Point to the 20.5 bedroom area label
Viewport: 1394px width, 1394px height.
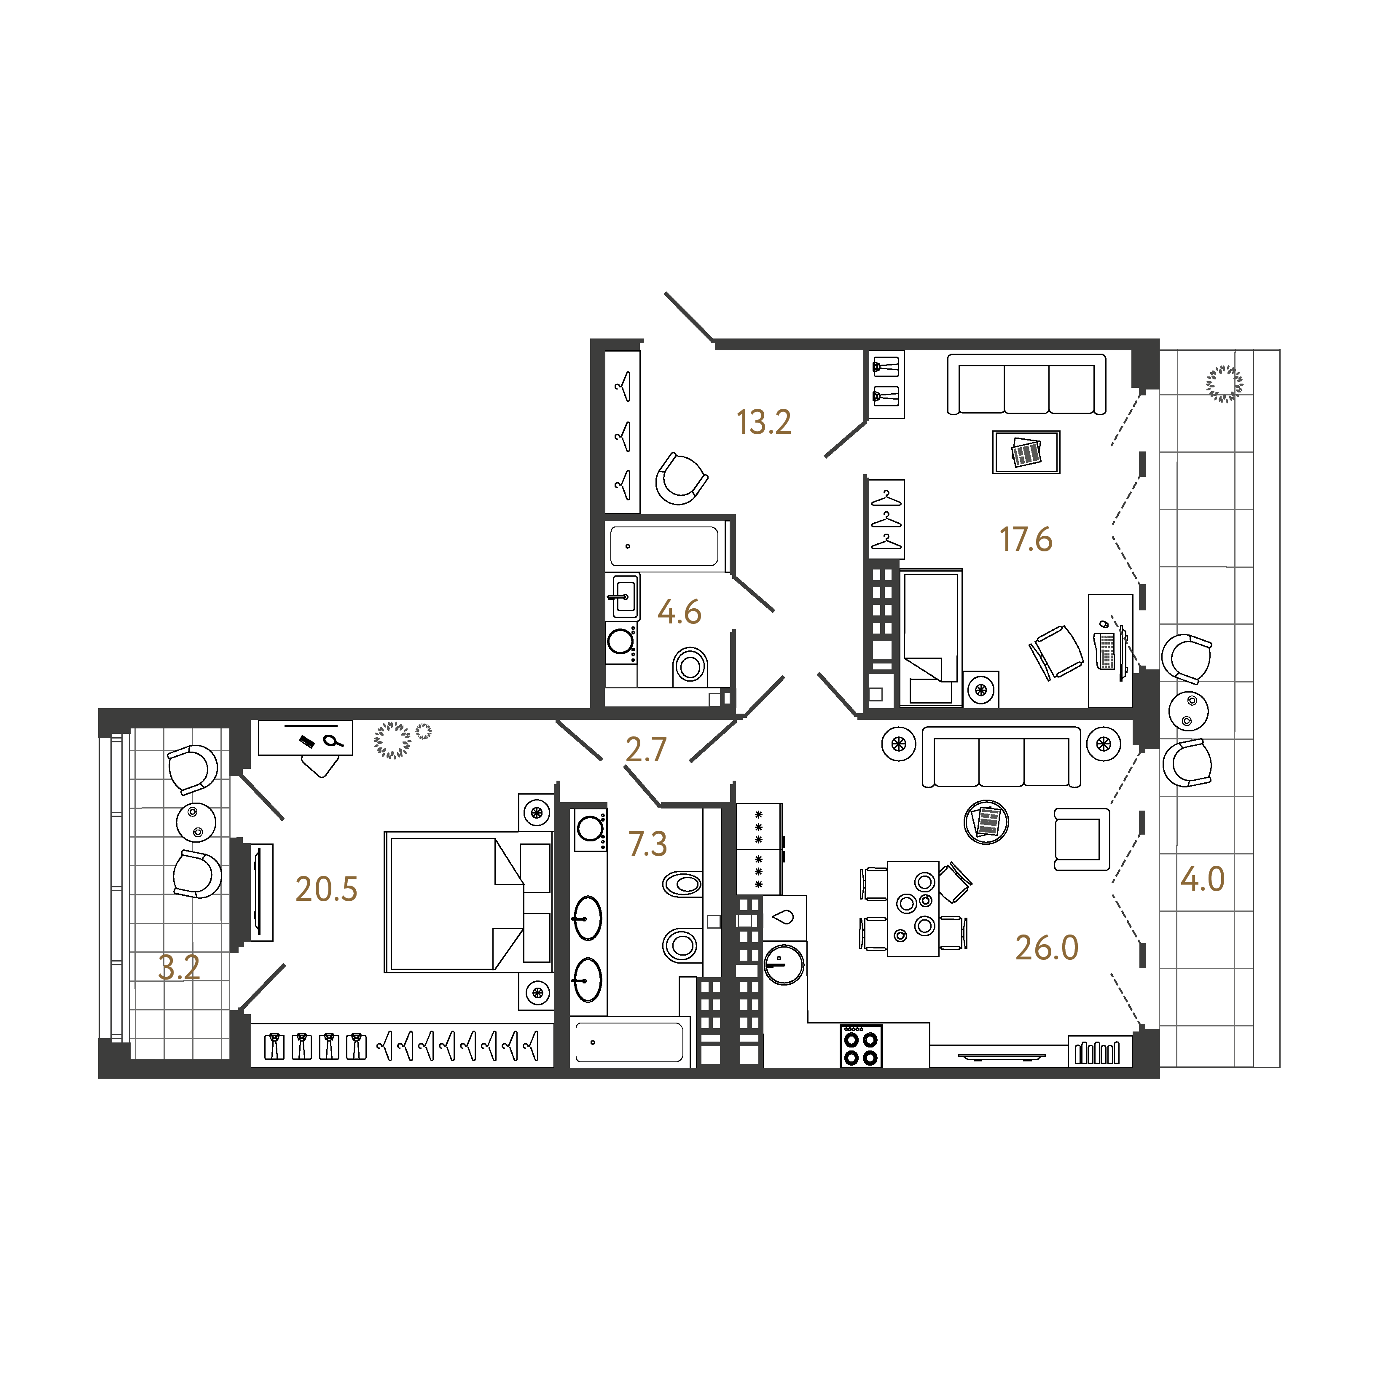click(x=326, y=890)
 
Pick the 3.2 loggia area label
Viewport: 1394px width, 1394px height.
click(x=179, y=967)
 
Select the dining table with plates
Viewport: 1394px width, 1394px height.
click(x=913, y=908)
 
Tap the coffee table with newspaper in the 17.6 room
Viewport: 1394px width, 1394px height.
click(x=1026, y=452)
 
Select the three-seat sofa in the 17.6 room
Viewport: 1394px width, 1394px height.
click(x=1026, y=384)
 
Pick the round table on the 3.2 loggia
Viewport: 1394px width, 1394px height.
click(x=196, y=822)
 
